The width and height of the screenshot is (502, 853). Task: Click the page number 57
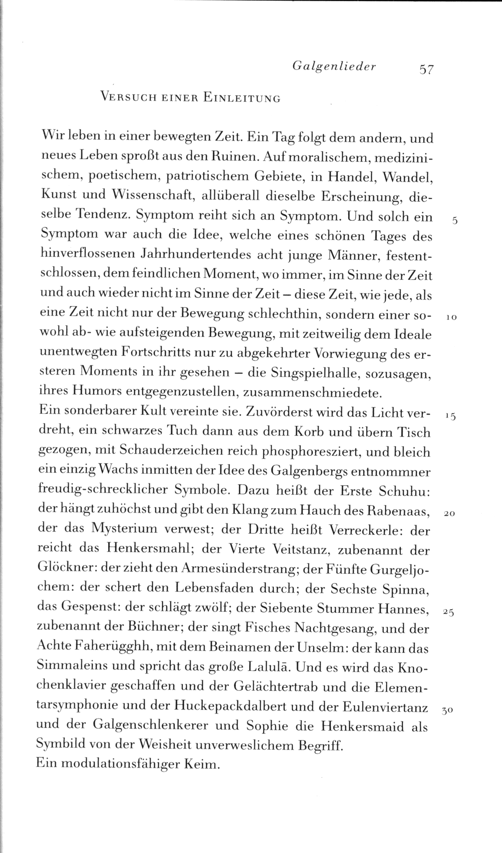[426, 69]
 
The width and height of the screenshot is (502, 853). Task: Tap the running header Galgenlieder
[334, 67]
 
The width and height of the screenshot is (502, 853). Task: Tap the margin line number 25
[449, 612]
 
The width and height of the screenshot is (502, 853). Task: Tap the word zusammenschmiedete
[313, 393]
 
